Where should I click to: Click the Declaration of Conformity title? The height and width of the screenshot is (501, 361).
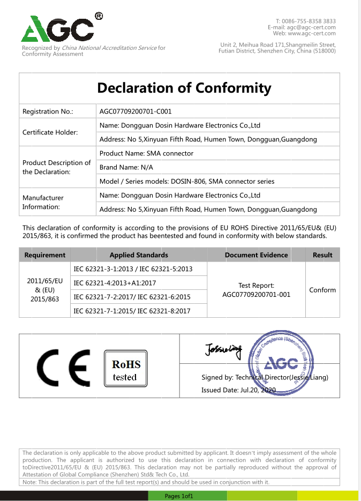pyautogui.click(x=184, y=88)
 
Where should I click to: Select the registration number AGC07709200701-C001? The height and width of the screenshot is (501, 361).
pyautogui.click(x=136, y=111)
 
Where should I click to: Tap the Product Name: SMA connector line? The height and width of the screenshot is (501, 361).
pyautogui.click(x=146, y=153)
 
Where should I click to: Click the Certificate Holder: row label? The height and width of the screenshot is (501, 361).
pyautogui.click(x=50, y=132)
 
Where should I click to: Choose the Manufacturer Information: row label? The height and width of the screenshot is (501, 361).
pyautogui.click(x=43, y=202)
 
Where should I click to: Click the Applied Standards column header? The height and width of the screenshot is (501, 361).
pyautogui.click(x=139, y=255)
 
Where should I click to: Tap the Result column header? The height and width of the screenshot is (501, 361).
pyautogui.click(x=322, y=255)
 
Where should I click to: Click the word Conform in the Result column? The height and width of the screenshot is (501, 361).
pyautogui.click(x=322, y=290)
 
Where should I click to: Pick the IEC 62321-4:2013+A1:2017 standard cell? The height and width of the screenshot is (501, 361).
pyautogui.click(x=115, y=283)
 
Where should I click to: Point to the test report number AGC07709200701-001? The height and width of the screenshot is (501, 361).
pyautogui.click(x=256, y=295)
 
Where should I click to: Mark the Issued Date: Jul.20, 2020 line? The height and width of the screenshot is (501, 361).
pyautogui.click(x=238, y=390)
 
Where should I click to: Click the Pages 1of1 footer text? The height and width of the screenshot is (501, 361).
pyautogui.click(x=179, y=496)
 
